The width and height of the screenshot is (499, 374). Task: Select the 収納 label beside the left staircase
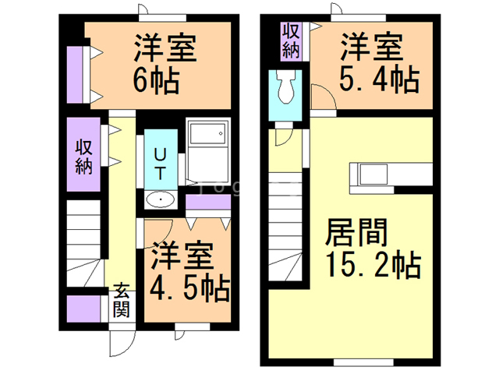click(83, 155)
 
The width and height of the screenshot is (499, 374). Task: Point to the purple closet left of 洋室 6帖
click(76, 75)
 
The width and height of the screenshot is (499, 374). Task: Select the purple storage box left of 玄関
click(83, 310)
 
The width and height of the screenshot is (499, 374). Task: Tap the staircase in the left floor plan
click(84, 242)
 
